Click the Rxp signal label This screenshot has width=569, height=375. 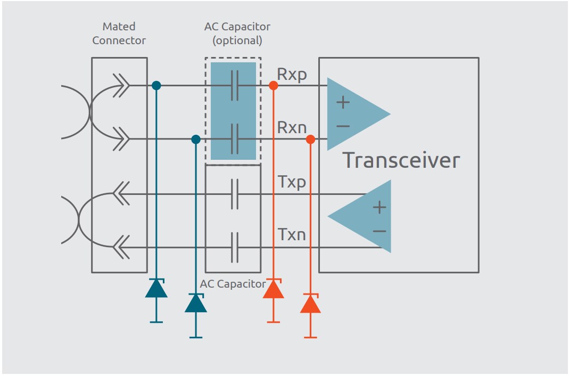pos(292,75)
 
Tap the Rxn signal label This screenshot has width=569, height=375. pos(292,128)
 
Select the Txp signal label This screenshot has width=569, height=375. pos(292,182)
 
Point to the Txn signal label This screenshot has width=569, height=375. pos(292,234)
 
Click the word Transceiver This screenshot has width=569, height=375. pos(400,160)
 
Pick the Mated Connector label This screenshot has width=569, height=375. pos(119,33)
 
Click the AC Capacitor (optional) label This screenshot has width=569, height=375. pos(237,33)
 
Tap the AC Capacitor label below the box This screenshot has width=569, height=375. pos(233,284)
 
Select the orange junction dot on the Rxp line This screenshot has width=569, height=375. pos(273,85)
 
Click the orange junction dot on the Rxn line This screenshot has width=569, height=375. pos(310,139)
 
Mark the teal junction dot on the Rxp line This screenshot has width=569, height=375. pos(156,85)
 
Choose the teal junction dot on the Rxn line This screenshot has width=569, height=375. pos(195,139)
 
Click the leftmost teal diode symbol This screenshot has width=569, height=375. pos(156,288)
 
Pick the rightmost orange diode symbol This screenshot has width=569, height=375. pos(310,304)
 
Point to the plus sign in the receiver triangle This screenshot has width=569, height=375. pos(343,102)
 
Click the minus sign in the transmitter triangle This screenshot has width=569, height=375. pos(379,231)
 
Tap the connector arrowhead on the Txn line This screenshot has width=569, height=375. pos(121,247)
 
